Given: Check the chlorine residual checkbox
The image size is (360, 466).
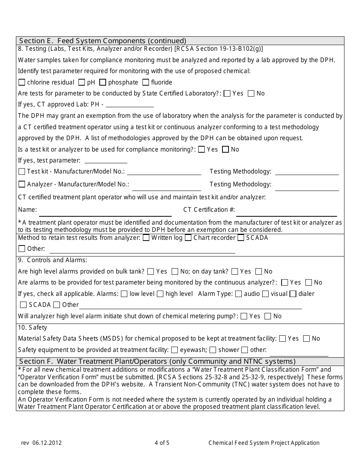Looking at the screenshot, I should coord(22,82).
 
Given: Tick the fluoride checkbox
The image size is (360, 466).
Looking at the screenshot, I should coord(146,82).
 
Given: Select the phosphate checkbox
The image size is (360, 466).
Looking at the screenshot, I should coord(103,82).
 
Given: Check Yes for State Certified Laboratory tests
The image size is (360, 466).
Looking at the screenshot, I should coord(227,94).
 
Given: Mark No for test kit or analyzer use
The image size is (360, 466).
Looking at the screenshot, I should coord(225,150).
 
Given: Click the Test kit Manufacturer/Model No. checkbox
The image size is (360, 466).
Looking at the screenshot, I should coord(22,172).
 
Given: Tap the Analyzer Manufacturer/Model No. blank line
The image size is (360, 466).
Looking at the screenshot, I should coord(166,187).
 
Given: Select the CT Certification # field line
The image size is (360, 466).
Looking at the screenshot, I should coord(286,212).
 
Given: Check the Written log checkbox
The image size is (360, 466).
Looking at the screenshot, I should coord(146,238).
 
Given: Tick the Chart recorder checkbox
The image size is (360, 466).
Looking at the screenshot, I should coord(188,238).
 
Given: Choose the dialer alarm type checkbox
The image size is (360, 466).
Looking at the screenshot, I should coord(293,294).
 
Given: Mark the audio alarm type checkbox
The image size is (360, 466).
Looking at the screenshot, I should coord(238,294).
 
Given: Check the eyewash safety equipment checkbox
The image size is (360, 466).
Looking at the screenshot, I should coord(174,350).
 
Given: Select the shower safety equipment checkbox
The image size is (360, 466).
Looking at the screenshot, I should coord(213,350).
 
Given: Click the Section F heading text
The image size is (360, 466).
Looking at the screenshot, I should coord(157,361).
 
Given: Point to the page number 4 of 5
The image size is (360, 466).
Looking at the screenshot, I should coord(162,443).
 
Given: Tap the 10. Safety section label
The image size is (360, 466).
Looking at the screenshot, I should coord(33,328).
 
